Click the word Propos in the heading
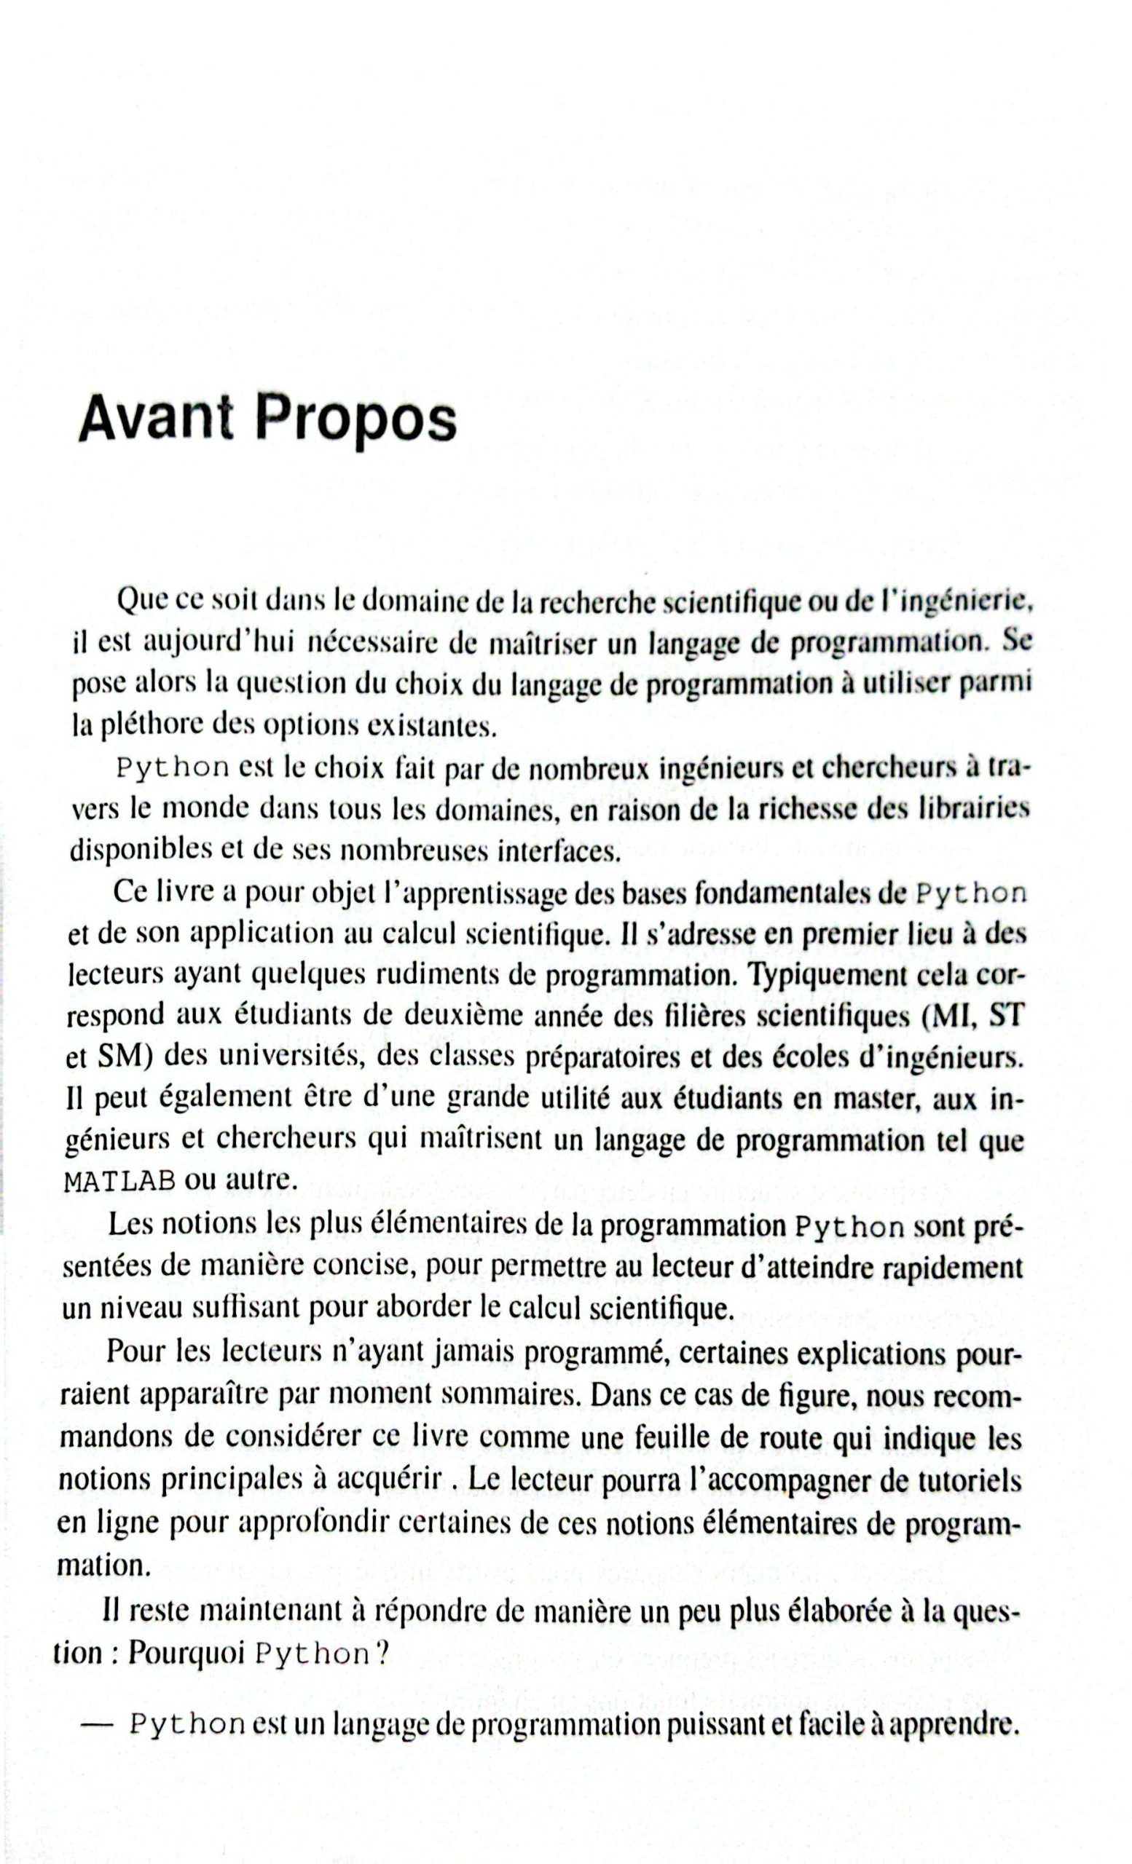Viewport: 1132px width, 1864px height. click(x=355, y=419)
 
